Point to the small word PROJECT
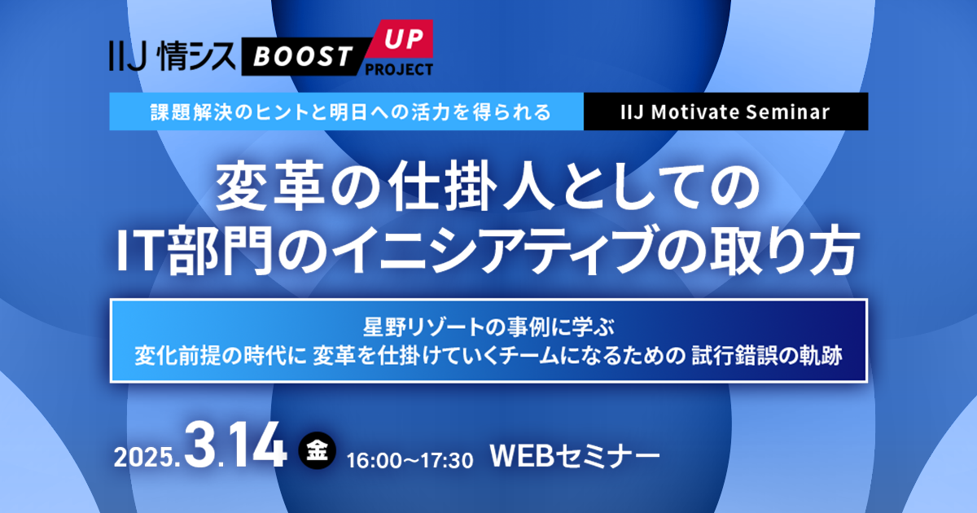(399, 69)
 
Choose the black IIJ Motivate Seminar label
(725, 112)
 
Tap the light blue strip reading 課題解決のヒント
(347, 112)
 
